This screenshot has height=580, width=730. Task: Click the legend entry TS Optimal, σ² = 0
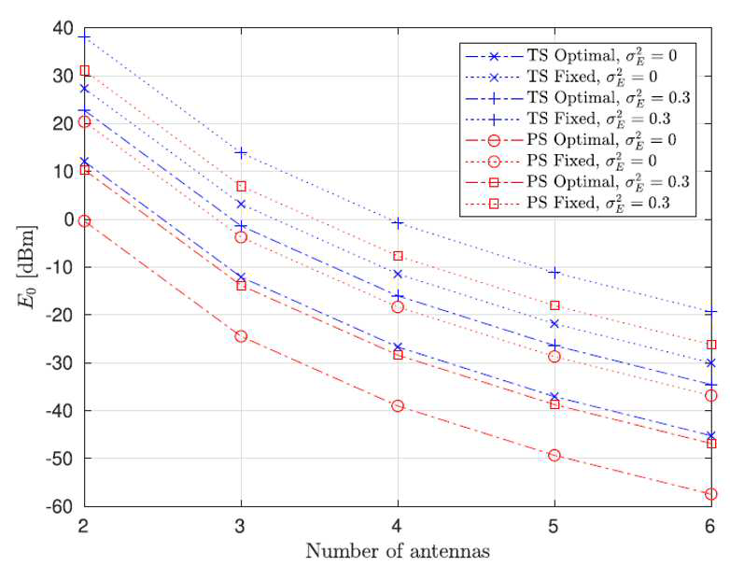pyautogui.click(x=570, y=56)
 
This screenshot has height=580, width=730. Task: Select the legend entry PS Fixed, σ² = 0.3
pyautogui.click(x=568, y=203)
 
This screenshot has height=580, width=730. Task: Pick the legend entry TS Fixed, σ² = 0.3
pyautogui.click(x=568, y=119)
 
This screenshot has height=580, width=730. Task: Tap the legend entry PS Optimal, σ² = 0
pyautogui.click(x=570, y=140)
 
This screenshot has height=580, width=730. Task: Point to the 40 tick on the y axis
pyautogui.click(x=65, y=29)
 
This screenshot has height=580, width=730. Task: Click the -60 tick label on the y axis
pyautogui.click(x=60, y=506)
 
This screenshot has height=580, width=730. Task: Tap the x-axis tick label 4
pyautogui.click(x=397, y=527)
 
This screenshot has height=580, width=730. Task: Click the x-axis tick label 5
pyautogui.click(x=554, y=527)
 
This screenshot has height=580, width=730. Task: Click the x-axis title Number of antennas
pyautogui.click(x=398, y=551)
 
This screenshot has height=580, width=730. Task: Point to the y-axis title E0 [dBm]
pyautogui.click(x=26, y=267)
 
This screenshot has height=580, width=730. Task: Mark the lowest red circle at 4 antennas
pyautogui.click(x=398, y=405)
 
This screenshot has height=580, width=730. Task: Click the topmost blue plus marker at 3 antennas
pyautogui.click(x=241, y=152)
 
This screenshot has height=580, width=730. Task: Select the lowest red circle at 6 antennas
pyautogui.click(x=711, y=494)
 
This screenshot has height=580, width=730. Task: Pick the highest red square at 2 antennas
pyautogui.click(x=85, y=71)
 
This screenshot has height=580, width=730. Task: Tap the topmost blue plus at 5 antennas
pyautogui.click(x=554, y=273)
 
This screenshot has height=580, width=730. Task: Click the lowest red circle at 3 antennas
pyautogui.click(x=241, y=336)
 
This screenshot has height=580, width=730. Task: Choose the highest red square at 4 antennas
pyautogui.click(x=398, y=256)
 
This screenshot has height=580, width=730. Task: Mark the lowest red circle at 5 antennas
pyautogui.click(x=554, y=455)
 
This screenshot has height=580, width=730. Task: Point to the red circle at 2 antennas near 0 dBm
pyautogui.click(x=85, y=221)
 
